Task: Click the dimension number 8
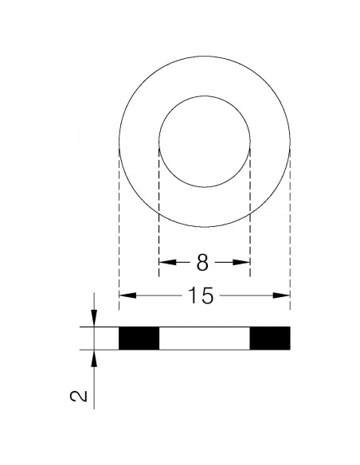[x=202, y=260]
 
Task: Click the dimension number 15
[x=202, y=296]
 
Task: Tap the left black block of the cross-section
[x=139, y=338]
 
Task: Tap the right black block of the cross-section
[x=269, y=338]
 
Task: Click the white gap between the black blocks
[x=205, y=338]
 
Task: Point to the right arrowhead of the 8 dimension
[x=246, y=261]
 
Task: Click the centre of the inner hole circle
[x=205, y=143]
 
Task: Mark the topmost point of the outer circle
[x=205, y=56]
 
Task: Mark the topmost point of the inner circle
[x=205, y=96]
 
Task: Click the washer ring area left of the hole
[x=139, y=143]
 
